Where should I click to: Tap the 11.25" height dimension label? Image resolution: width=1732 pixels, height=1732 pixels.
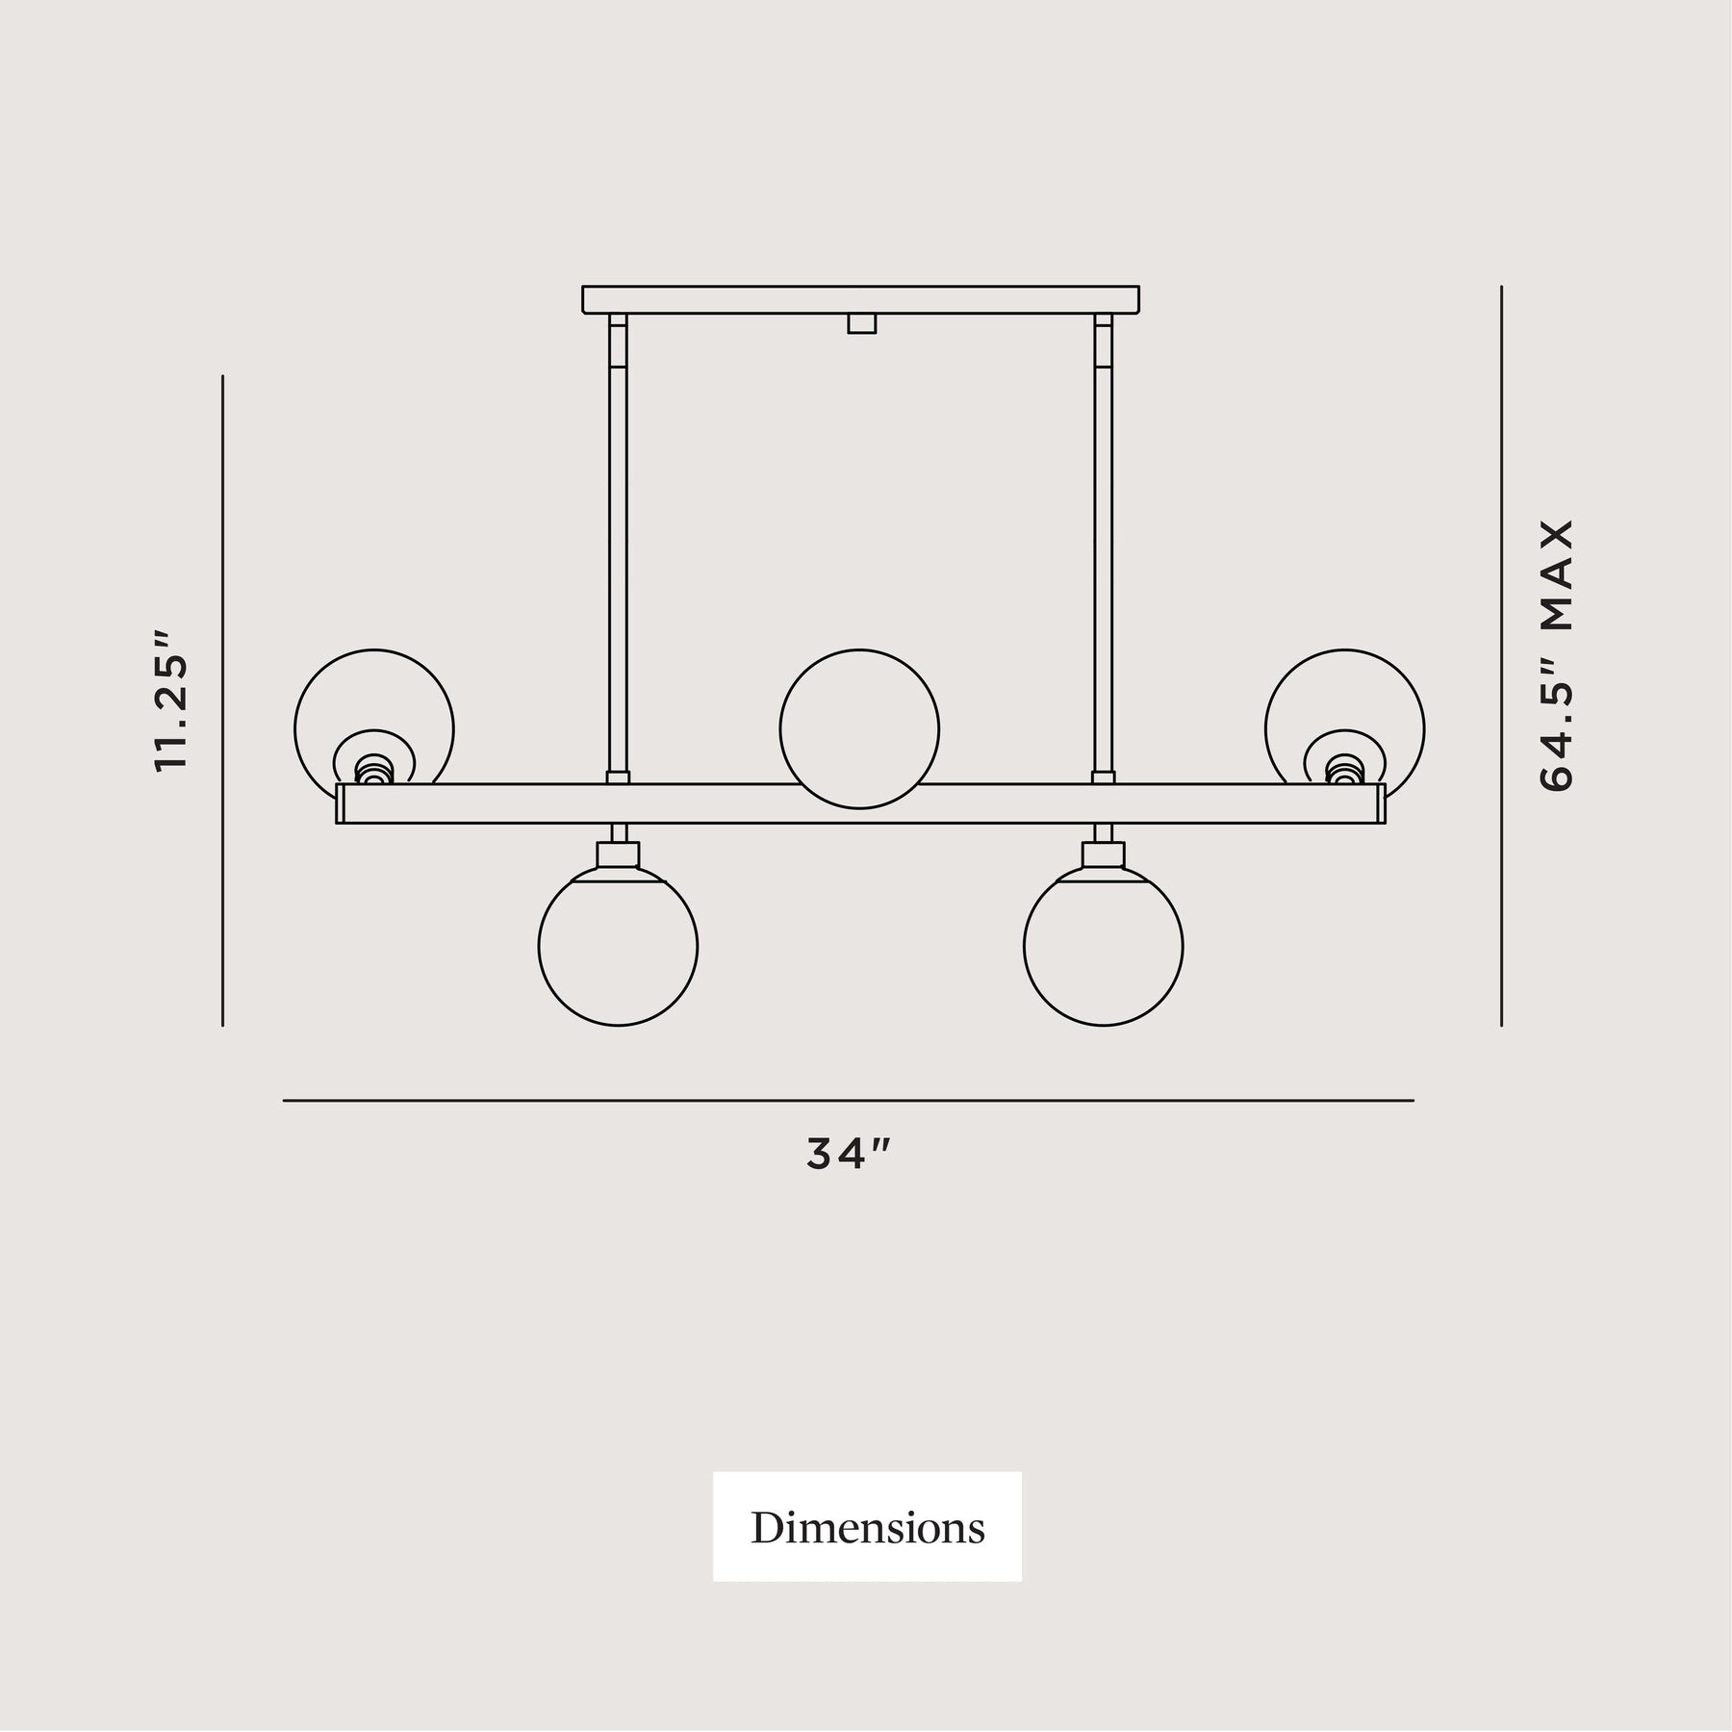[x=171, y=700]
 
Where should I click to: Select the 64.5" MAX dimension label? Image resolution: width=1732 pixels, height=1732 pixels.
[x=1555, y=656]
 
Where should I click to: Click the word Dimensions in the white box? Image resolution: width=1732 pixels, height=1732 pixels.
[x=867, y=1528]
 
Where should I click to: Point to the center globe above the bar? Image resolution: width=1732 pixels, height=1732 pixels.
[x=859, y=729]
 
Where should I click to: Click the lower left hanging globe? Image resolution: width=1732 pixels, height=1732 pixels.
[x=618, y=946]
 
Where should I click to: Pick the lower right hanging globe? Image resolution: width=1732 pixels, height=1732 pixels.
[x=1104, y=946]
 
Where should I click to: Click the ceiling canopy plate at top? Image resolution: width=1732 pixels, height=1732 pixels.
[x=860, y=299]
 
